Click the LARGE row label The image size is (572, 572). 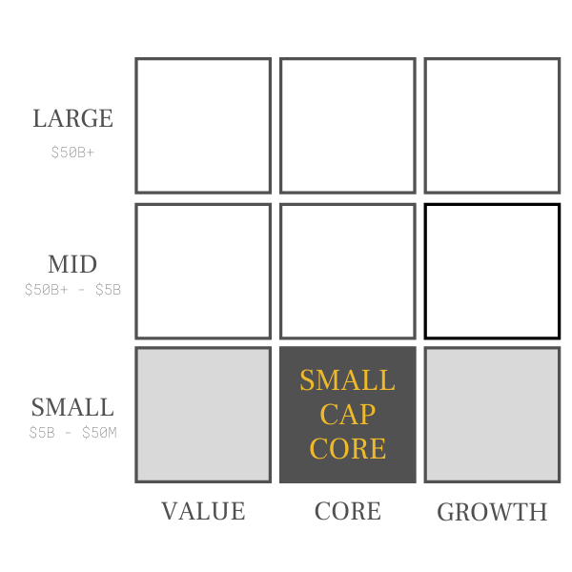tap(72, 119)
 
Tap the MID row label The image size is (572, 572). tap(73, 264)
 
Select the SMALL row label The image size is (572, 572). tap(72, 407)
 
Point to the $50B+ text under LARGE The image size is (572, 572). tap(72, 152)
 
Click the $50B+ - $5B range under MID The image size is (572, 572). tap(72, 290)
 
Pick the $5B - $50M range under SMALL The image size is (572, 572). tap(72, 434)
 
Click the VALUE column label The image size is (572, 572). tap(203, 511)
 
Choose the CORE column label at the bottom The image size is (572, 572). tap(347, 511)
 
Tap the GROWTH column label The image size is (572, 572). tap(492, 512)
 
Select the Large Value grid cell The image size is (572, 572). tap(203, 126)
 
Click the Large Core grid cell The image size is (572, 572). tap(347, 126)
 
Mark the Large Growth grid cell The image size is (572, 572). tap(492, 126)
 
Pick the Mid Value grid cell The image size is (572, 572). tap(203, 271)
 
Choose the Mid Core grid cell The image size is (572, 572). tap(347, 271)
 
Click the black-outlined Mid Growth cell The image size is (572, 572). tap(492, 271)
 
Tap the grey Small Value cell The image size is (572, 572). tap(203, 415)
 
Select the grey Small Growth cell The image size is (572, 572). tap(492, 415)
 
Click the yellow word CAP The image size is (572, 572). tap(347, 415)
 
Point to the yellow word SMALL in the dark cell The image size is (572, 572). tap(347, 380)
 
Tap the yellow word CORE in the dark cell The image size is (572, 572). tap(347, 448)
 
